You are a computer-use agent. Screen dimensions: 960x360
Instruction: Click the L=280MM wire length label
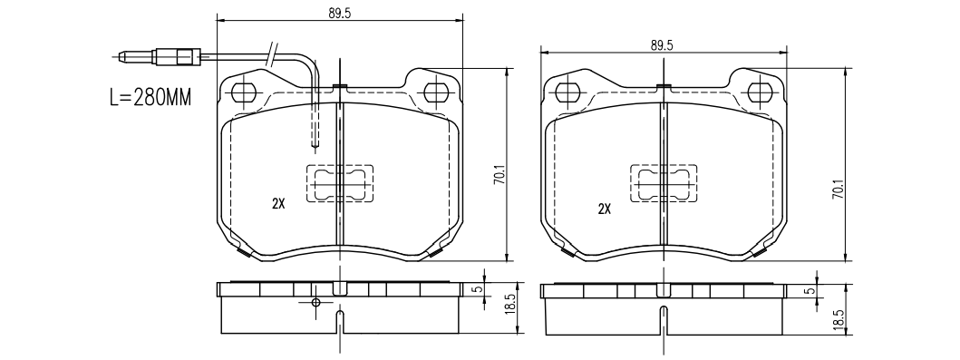pyautogui.click(x=150, y=97)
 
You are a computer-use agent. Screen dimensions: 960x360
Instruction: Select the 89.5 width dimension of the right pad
pyautogui.click(x=662, y=44)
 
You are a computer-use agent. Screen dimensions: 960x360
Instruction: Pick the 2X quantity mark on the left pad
pyautogui.click(x=278, y=205)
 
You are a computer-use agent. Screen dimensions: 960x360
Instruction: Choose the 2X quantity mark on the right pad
pyautogui.click(x=605, y=209)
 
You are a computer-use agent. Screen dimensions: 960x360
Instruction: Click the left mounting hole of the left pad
pyautogui.click(x=244, y=92)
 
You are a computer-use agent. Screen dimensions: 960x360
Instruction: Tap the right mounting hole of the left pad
pyautogui.click(x=435, y=92)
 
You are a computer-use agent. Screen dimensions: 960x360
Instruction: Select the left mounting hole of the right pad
pyautogui.click(x=567, y=93)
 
